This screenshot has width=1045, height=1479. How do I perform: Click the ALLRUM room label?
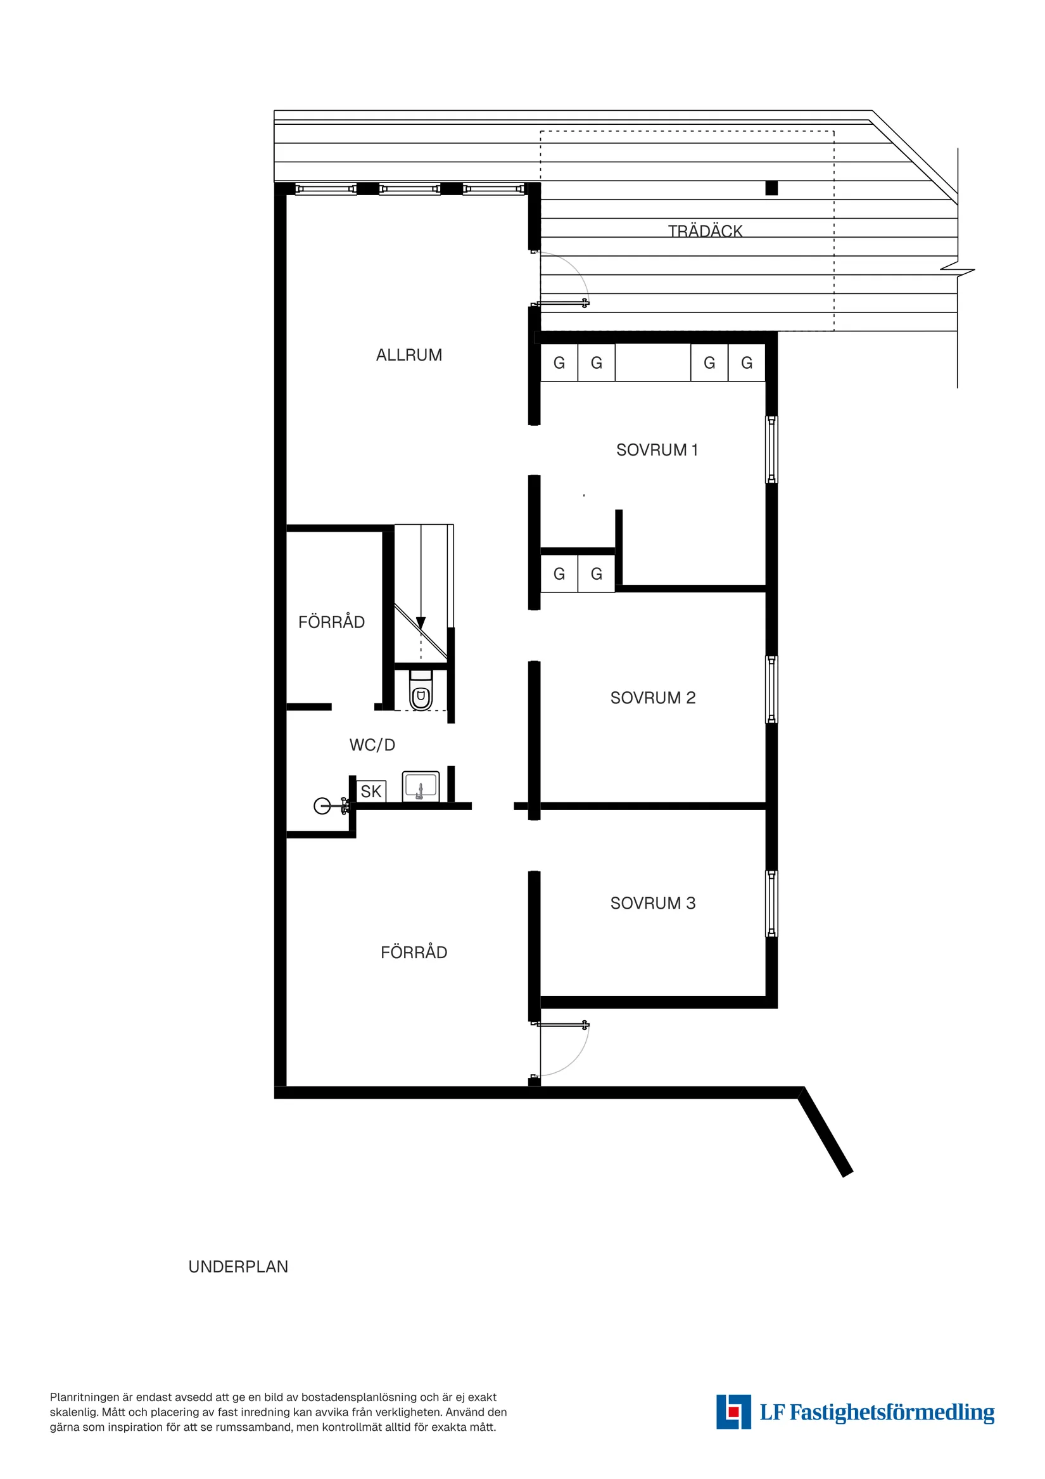(x=409, y=355)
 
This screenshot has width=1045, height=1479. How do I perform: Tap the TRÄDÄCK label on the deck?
(x=705, y=231)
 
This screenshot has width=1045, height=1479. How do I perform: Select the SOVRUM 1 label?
(x=657, y=450)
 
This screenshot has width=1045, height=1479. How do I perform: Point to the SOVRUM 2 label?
(x=653, y=698)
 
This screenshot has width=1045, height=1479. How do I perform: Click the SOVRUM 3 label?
(x=653, y=903)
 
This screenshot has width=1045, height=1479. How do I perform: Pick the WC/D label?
(x=372, y=745)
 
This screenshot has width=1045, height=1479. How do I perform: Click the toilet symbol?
(x=421, y=693)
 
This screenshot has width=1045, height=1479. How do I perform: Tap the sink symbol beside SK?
(x=421, y=786)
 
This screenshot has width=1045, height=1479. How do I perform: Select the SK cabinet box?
(x=371, y=791)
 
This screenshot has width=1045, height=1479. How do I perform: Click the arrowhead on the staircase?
(x=421, y=623)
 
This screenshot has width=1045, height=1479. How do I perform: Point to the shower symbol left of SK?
(x=323, y=806)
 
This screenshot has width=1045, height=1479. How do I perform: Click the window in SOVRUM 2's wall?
(x=771, y=689)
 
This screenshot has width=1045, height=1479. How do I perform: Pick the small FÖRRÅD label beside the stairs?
(x=332, y=622)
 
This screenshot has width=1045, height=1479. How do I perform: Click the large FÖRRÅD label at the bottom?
(x=414, y=952)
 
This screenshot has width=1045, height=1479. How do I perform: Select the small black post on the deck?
(x=771, y=188)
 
